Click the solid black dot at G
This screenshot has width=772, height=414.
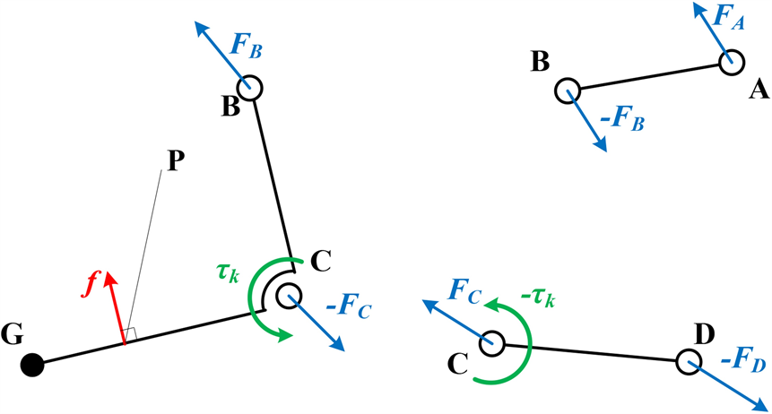[33, 365]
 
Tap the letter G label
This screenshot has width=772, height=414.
[13, 336]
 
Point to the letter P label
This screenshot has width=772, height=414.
[174, 160]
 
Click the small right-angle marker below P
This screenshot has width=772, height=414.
[129, 335]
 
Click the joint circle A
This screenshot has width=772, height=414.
[731, 62]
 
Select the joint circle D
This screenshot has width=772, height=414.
[689, 361]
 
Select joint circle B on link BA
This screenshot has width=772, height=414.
[567, 91]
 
